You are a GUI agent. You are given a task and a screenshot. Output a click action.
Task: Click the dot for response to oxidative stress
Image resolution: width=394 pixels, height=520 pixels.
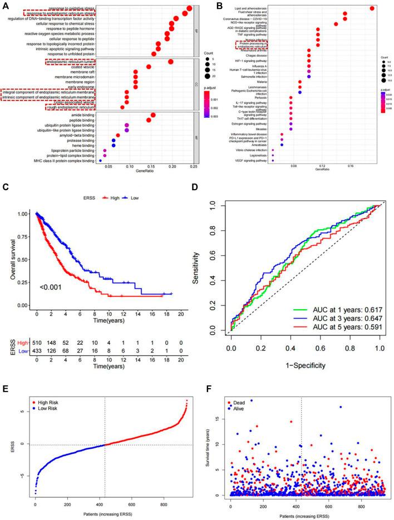pyautogui.click(x=190, y=8)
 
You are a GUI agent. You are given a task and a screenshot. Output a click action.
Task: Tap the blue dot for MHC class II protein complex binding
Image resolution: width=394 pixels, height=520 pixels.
pyautogui.click(x=100, y=160)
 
